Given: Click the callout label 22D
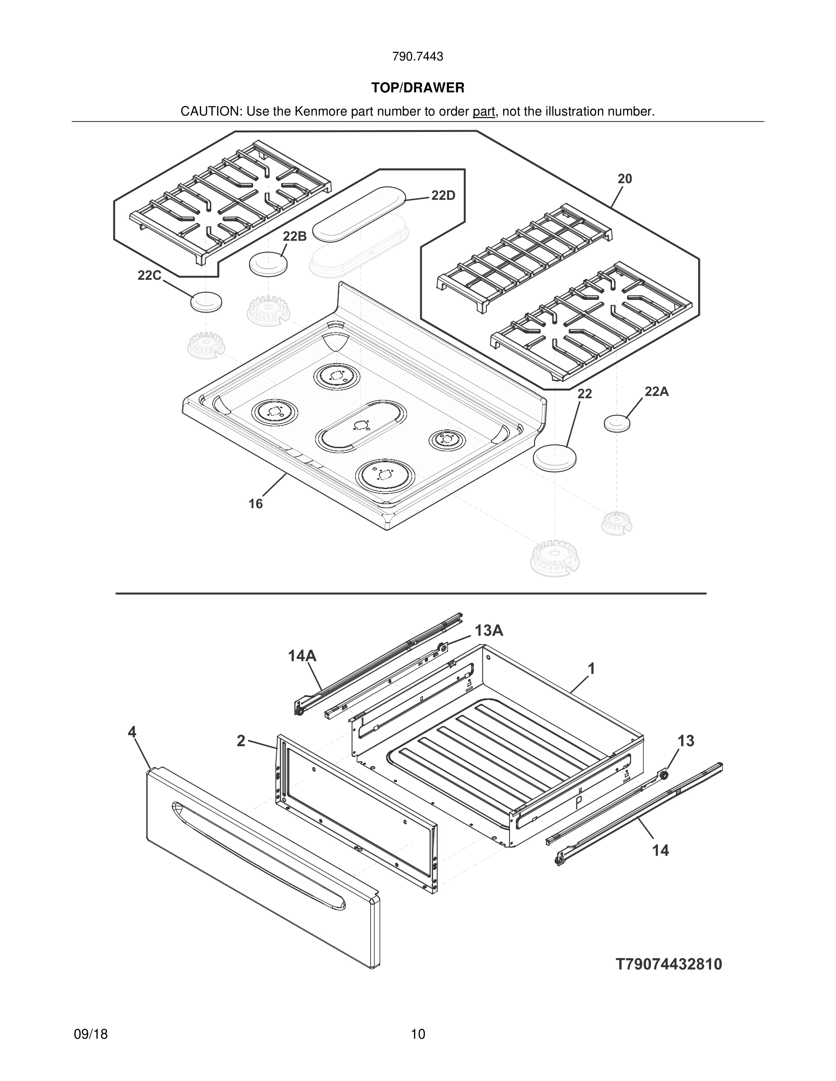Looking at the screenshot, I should [443, 196].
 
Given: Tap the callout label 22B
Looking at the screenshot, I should [295, 236].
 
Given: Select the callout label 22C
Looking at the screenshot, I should [149, 276].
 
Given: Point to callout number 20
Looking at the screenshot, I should [625, 179].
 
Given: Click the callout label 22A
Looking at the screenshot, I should [657, 392].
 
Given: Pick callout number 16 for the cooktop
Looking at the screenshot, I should [255, 504].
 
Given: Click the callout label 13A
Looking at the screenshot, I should [489, 631].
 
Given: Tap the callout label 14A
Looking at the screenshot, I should [302, 656].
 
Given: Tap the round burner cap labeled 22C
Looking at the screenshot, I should [206, 302].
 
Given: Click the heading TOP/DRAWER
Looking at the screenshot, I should [418, 88].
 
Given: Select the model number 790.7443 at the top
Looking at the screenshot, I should [418, 57].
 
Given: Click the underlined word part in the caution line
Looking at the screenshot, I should [484, 112].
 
